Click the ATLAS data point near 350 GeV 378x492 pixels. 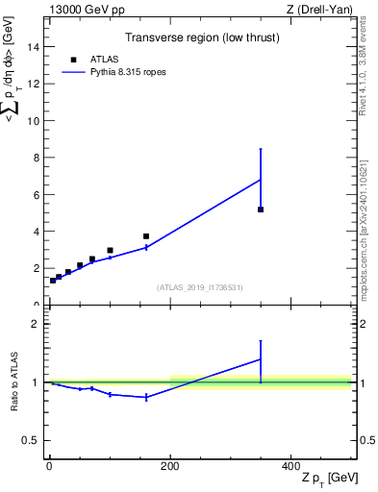click(261, 209)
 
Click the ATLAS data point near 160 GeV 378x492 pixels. click(146, 236)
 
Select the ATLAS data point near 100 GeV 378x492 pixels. click(110, 251)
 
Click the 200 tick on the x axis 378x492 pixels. click(170, 466)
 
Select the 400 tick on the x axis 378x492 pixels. click(290, 466)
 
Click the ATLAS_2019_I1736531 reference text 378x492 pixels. click(199, 287)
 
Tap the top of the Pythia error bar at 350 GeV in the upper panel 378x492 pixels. click(261, 149)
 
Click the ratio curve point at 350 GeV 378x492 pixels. click(261, 359)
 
